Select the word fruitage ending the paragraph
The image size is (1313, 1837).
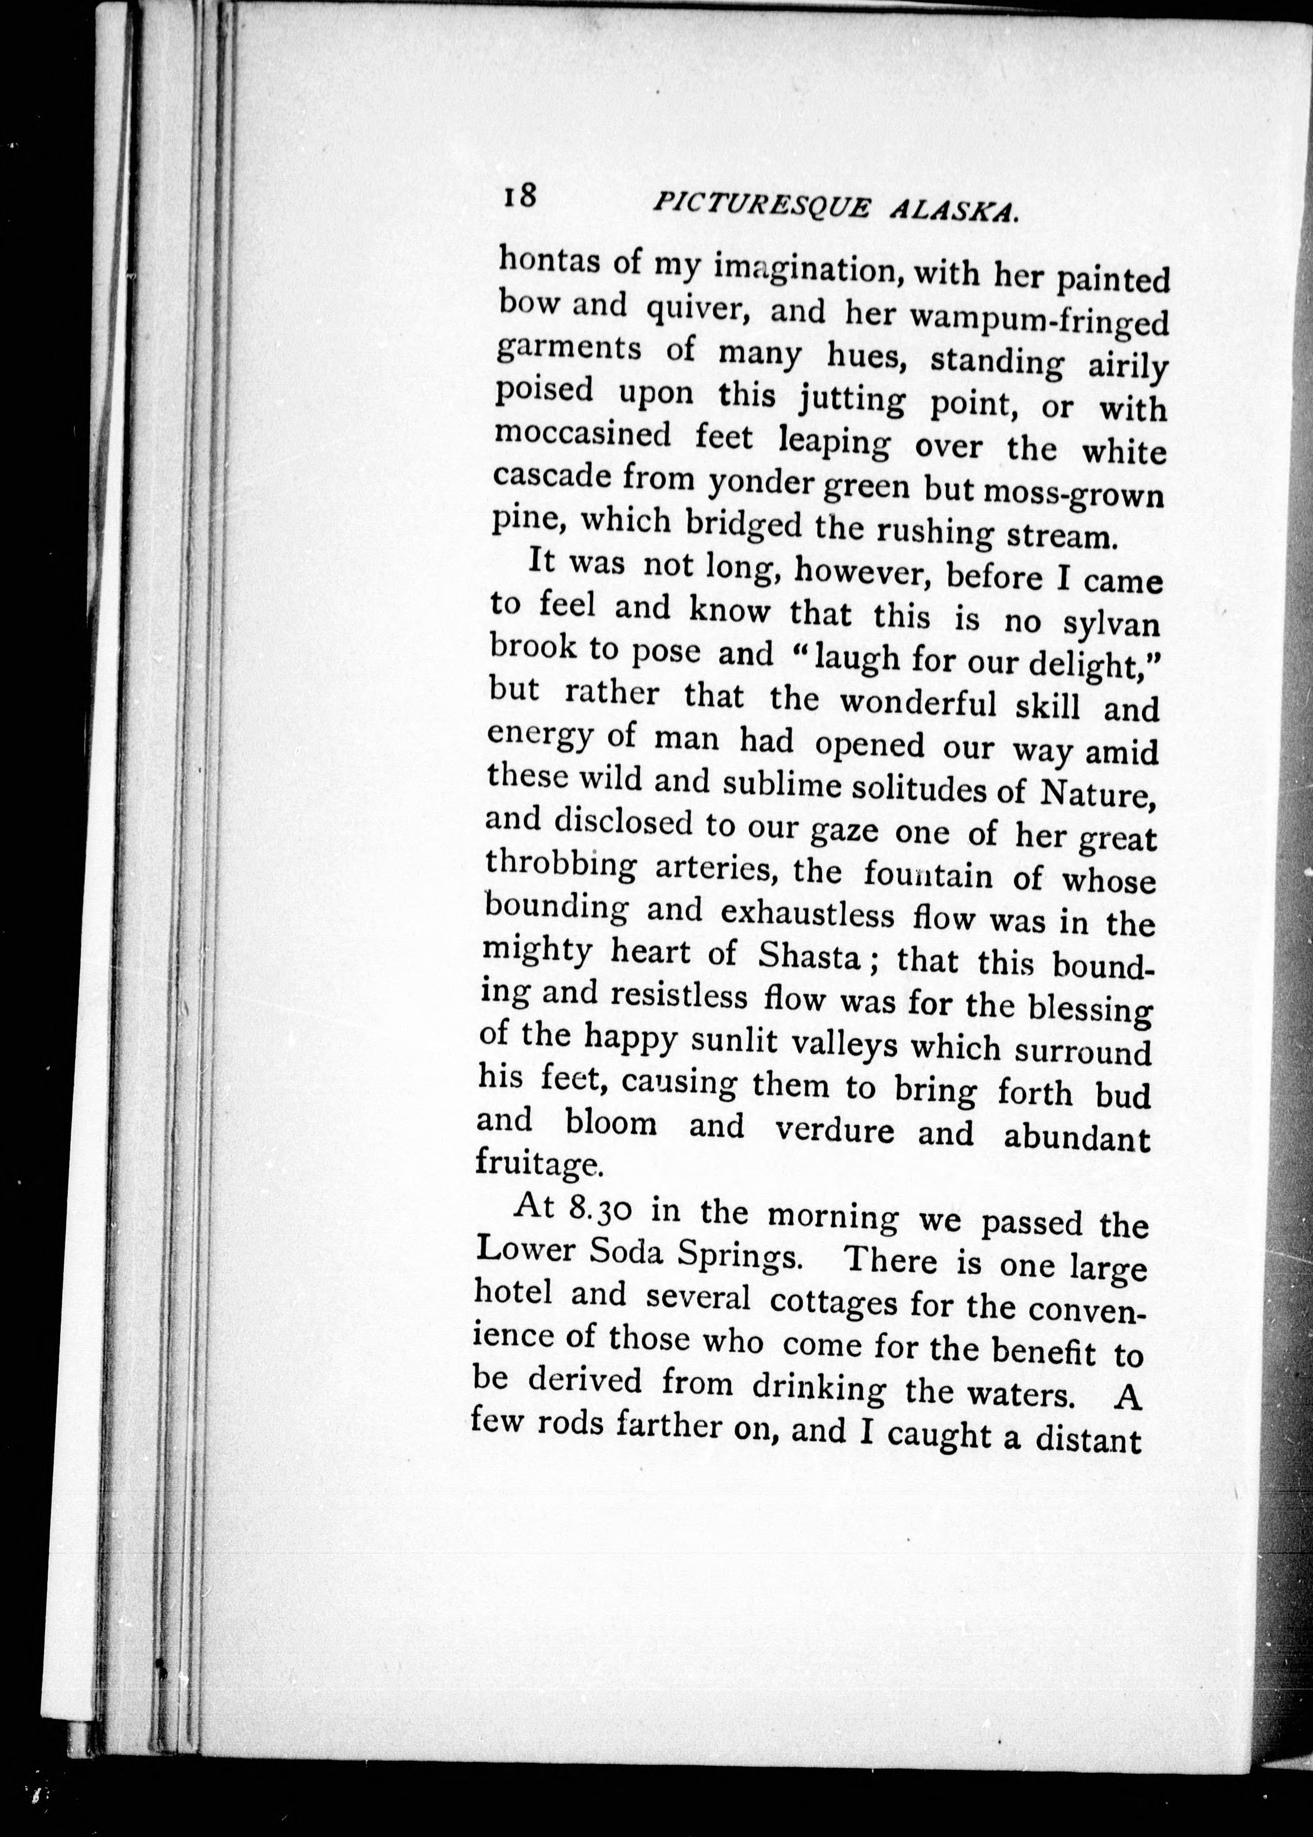pos(537,1164)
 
